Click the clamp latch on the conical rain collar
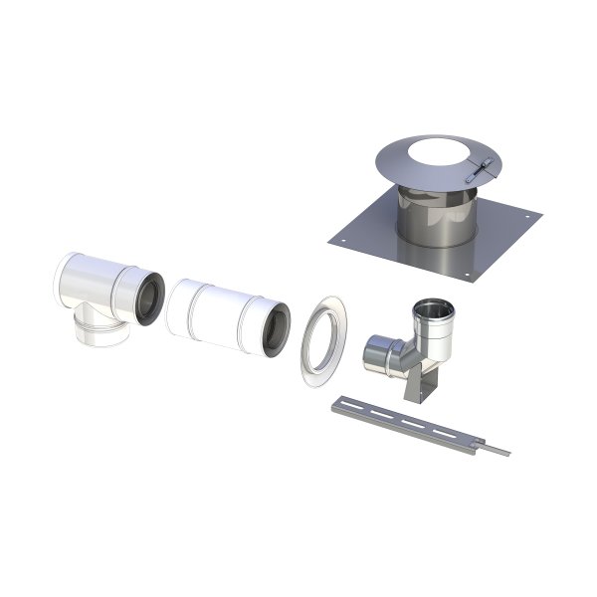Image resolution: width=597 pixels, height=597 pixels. point(481,170)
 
